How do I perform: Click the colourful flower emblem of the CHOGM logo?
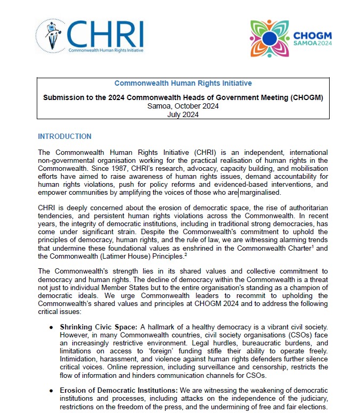[269, 38]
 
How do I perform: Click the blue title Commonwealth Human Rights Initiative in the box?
[183, 84]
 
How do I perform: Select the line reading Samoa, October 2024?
[183, 106]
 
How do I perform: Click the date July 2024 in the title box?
[183, 114]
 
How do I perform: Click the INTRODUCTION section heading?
[64, 137]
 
